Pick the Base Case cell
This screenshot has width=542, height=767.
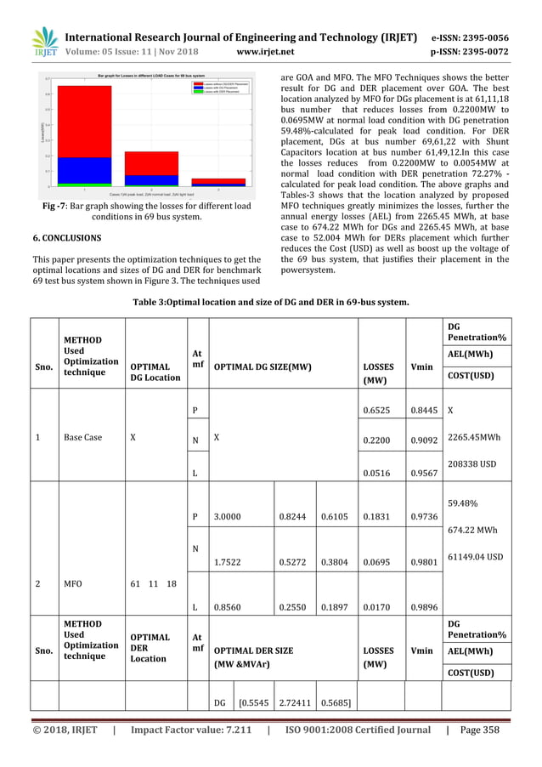tap(81, 438)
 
